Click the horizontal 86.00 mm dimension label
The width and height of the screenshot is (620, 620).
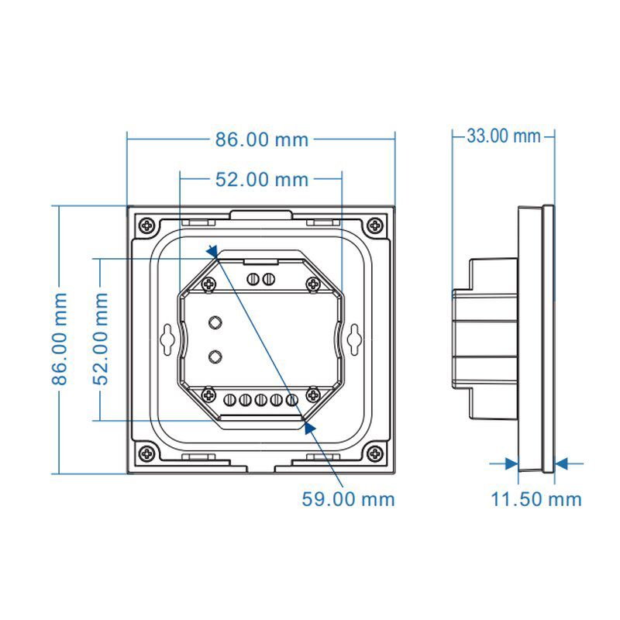pyautogui.click(x=261, y=139)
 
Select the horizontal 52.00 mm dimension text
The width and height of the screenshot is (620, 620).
pyautogui.click(x=261, y=180)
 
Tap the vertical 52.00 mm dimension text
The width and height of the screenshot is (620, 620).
pyautogui.click(x=101, y=339)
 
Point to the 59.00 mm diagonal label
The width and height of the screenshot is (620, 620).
pyautogui.click(x=348, y=498)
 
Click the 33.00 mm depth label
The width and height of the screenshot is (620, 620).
pyautogui.click(x=503, y=136)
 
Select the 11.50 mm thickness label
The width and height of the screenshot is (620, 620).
pyautogui.click(x=536, y=498)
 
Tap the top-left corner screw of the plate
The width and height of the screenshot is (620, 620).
pyautogui.click(x=146, y=226)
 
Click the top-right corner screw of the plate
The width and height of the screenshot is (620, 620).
pyautogui.click(x=376, y=226)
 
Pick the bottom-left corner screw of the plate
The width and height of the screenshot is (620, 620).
pyautogui.click(x=146, y=453)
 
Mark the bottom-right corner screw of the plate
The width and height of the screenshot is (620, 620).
pyautogui.click(x=376, y=453)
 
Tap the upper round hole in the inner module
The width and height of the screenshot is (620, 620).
pyautogui.click(x=216, y=322)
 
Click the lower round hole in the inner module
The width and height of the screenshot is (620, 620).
pyautogui.click(x=216, y=356)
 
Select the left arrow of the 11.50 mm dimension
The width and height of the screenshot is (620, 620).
pyautogui.click(x=511, y=463)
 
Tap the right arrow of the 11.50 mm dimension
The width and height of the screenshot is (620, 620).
pyautogui.click(x=562, y=463)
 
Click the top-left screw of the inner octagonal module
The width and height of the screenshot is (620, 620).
pyautogui.click(x=208, y=284)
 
